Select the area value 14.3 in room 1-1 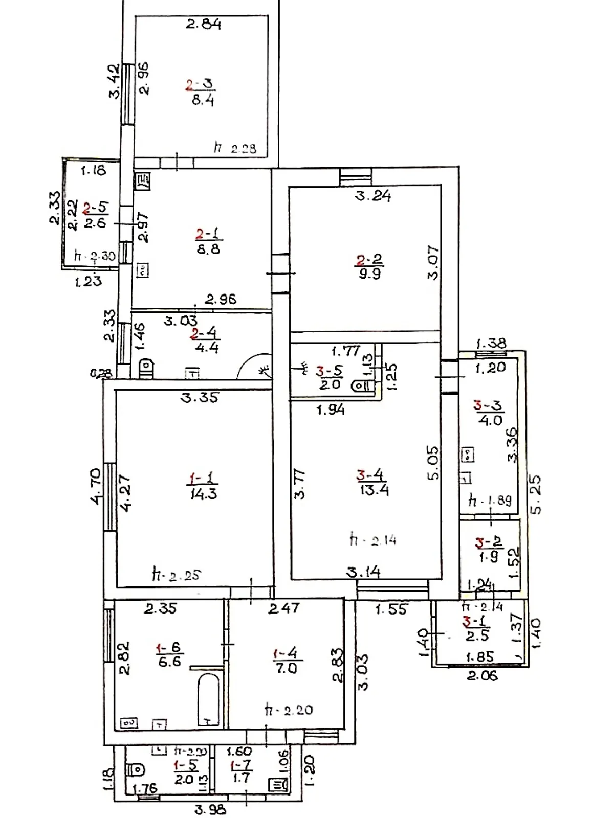click(x=203, y=494)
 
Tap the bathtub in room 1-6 click(x=209, y=700)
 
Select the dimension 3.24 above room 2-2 click(x=373, y=195)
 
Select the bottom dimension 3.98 click(x=210, y=809)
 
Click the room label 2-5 click(x=96, y=208)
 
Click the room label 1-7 click(x=240, y=765)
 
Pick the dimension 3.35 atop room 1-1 click(x=199, y=397)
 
